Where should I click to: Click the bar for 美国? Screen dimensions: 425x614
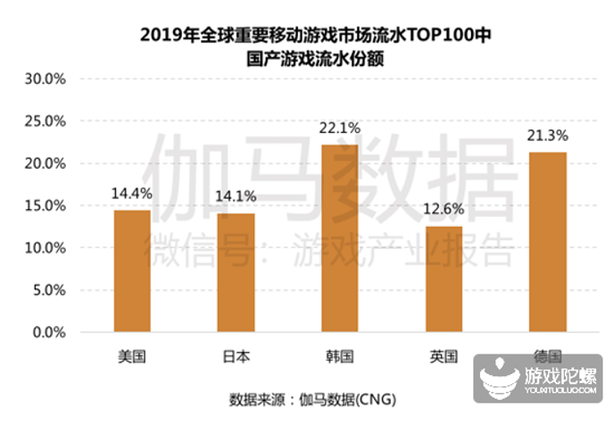(x=131, y=271)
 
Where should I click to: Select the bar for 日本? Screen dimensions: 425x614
(x=236, y=273)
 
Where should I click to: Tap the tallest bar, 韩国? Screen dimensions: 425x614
(x=339, y=238)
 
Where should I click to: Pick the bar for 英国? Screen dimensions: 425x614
(x=444, y=279)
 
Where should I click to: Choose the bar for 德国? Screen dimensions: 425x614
(x=547, y=242)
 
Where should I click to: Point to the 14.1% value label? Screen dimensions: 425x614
(x=236, y=195)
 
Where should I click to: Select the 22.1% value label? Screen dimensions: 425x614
(x=339, y=127)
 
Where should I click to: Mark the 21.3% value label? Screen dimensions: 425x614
(x=547, y=135)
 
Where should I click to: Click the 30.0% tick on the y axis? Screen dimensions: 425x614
(x=44, y=79)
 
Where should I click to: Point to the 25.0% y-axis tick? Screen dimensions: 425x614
(x=44, y=121)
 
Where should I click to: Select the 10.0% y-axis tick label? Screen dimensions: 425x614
(x=44, y=247)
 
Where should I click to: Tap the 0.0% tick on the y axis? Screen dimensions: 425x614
(x=47, y=332)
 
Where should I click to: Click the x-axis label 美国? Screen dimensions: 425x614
(x=131, y=356)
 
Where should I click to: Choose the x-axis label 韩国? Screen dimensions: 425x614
(x=339, y=356)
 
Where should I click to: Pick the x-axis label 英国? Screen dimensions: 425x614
(x=444, y=356)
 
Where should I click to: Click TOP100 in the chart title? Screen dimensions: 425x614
(x=444, y=36)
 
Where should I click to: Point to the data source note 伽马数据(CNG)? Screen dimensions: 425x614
(x=350, y=397)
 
